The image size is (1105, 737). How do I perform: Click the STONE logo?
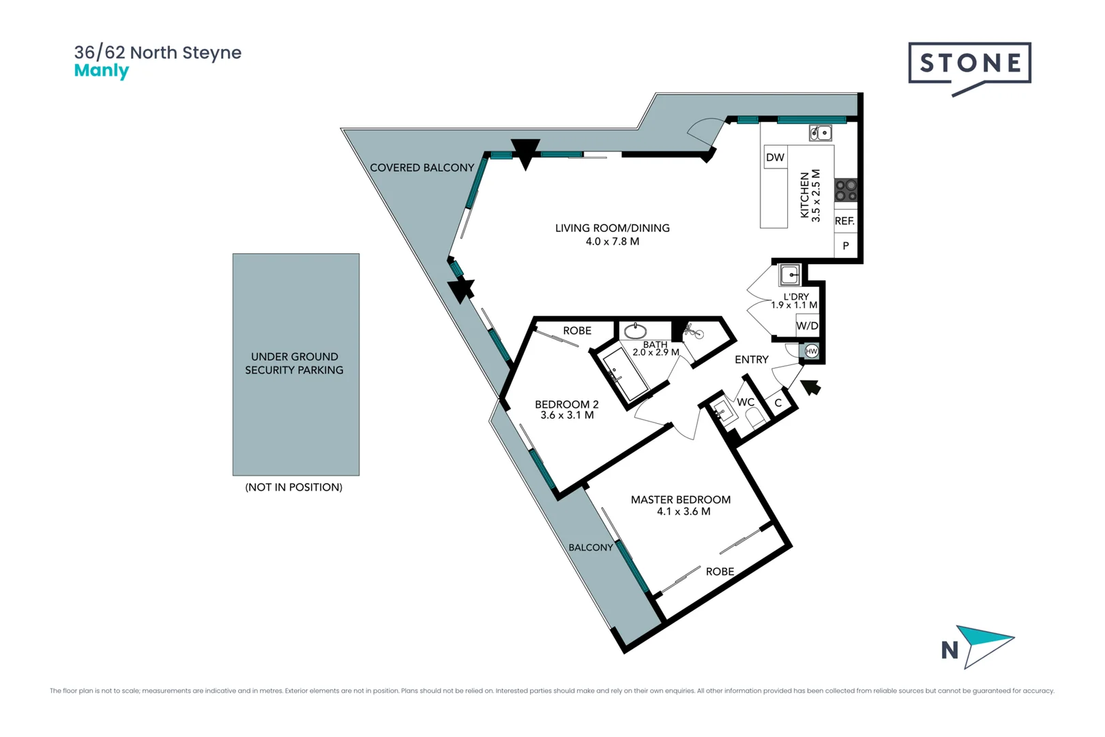coord(969,64)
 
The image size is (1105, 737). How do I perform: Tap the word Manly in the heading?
coord(101,71)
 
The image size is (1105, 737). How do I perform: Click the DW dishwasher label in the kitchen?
coord(775,158)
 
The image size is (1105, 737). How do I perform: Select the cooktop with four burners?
coord(846,190)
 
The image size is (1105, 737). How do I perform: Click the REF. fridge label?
coord(844,221)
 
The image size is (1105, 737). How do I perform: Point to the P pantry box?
coord(846,246)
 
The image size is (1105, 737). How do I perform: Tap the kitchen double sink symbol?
coord(820,133)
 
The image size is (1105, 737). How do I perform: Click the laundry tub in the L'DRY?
coord(790,275)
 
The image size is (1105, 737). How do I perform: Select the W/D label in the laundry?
coord(807,326)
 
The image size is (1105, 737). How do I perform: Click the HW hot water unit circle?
coord(811,351)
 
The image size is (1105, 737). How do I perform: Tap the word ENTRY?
coord(751,360)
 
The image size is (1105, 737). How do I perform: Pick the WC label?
coord(746,403)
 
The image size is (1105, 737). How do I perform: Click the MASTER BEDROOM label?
coord(680,500)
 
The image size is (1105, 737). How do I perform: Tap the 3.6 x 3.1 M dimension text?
coord(567,416)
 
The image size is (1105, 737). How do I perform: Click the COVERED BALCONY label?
coord(422,168)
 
